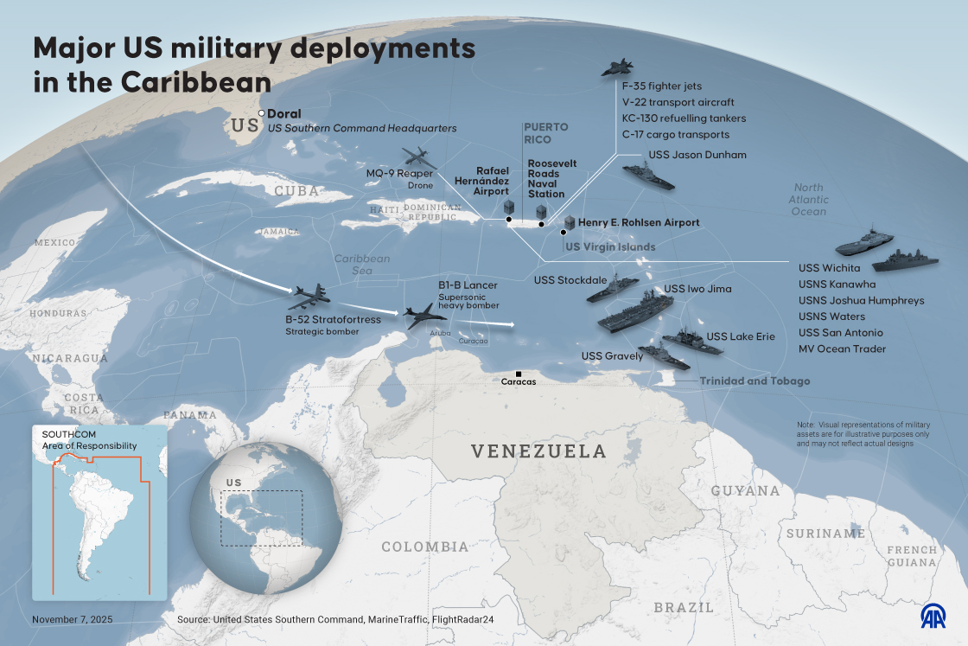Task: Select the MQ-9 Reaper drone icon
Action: click(x=419, y=158)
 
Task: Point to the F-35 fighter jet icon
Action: click(x=617, y=68)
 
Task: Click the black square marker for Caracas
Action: click(x=519, y=373)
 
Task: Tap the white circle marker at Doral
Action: click(x=262, y=113)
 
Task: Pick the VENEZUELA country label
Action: click(x=538, y=451)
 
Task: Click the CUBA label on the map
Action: click(x=296, y=191)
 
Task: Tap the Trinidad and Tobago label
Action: click(x=755, y=381)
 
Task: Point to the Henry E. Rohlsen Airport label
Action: click(x=639, y=223)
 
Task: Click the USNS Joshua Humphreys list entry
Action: click(x=861, y=301)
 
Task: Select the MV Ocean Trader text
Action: click(x=842, y=349)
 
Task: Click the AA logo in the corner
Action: click(x=933, y=615)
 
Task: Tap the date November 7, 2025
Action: click(x=73, y=620)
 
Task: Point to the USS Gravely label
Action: click(x=612, y=356)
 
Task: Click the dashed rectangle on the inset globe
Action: click(x=261, y=518)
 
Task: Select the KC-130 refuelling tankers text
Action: click(x=684, y=118)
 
